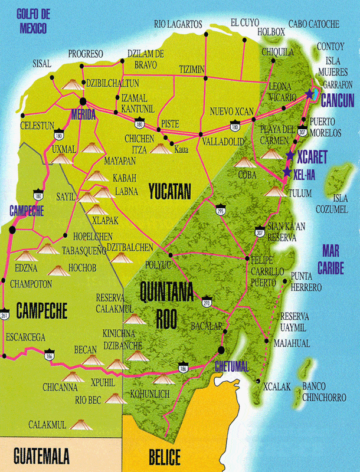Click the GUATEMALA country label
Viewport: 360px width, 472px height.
click(x=41, y=456)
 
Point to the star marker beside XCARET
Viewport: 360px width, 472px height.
click(x=290, y=156)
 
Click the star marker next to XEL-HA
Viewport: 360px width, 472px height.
click(x=287, y=172)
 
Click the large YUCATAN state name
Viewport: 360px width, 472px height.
click(x=170, y=191)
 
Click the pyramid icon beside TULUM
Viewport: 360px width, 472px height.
click(x=273, y=191)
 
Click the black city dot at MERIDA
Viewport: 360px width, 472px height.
click(x=84, y=101)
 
